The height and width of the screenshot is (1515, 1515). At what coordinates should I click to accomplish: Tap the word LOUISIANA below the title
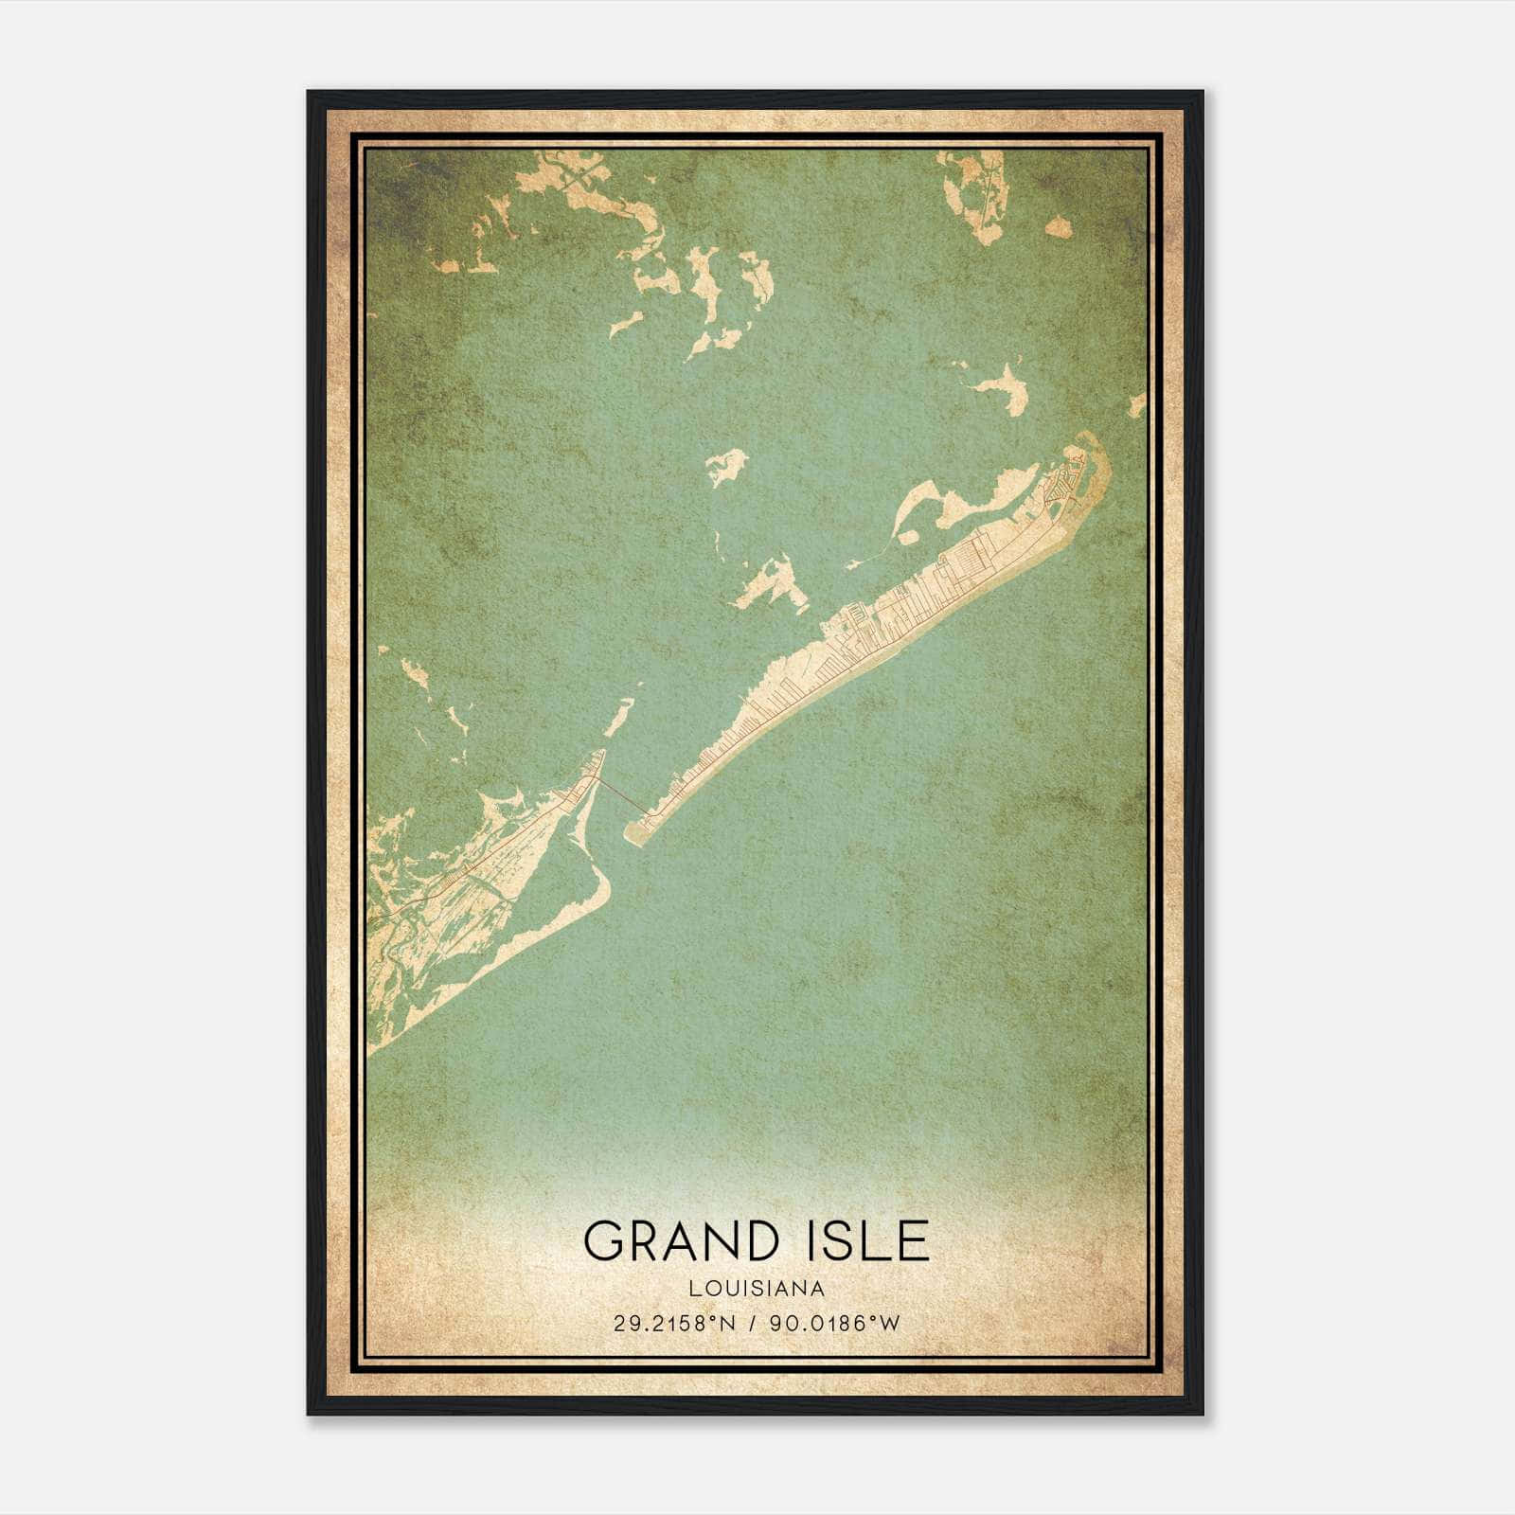point(757,1289)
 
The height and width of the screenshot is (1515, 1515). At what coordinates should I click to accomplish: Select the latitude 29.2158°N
point(673,1324)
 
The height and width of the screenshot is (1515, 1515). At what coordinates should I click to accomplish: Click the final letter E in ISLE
point(914,1240)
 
